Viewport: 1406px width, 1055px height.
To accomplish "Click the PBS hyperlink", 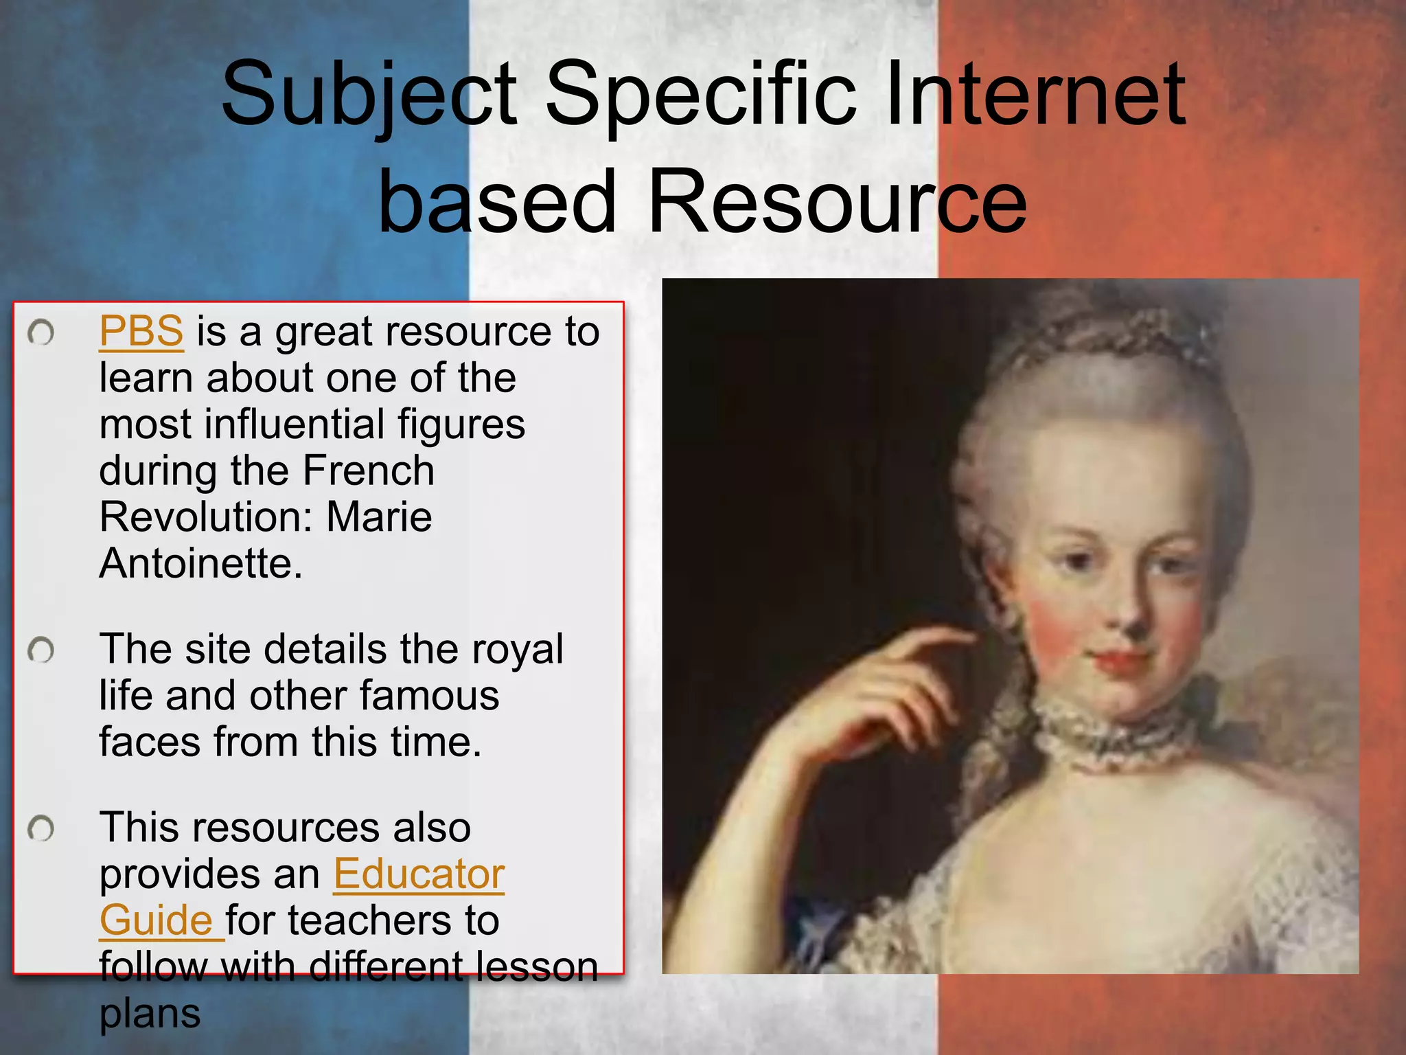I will coord(141,332).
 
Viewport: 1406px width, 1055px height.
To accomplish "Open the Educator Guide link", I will coord(419,875).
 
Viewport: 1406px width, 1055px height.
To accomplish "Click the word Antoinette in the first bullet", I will coord(200,564).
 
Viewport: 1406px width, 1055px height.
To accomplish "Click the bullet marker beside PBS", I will coord(41,333).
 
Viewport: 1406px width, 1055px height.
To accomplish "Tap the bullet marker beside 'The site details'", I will coord(41,650).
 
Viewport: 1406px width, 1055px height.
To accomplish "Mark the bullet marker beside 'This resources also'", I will coord(41,828).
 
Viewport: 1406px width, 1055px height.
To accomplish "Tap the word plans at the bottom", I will coord(150,1014).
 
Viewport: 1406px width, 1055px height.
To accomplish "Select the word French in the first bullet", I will coord(368,471).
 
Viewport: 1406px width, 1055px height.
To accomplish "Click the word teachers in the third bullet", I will coord(371,921).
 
